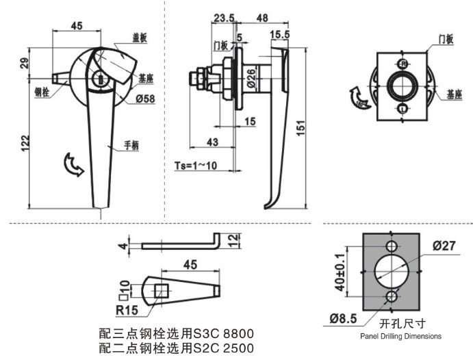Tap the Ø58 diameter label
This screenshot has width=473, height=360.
(x=145, y=99)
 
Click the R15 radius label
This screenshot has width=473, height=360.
(x=127, y=310)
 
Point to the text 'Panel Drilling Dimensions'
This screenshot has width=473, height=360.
(x=400, y=336)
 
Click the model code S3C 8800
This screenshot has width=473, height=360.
(x=227, y=334)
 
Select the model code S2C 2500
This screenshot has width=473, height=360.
(x=227, y=348)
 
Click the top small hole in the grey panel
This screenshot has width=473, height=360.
(x=391, y=246)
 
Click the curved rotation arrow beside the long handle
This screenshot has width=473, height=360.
(x=71, y=164)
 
